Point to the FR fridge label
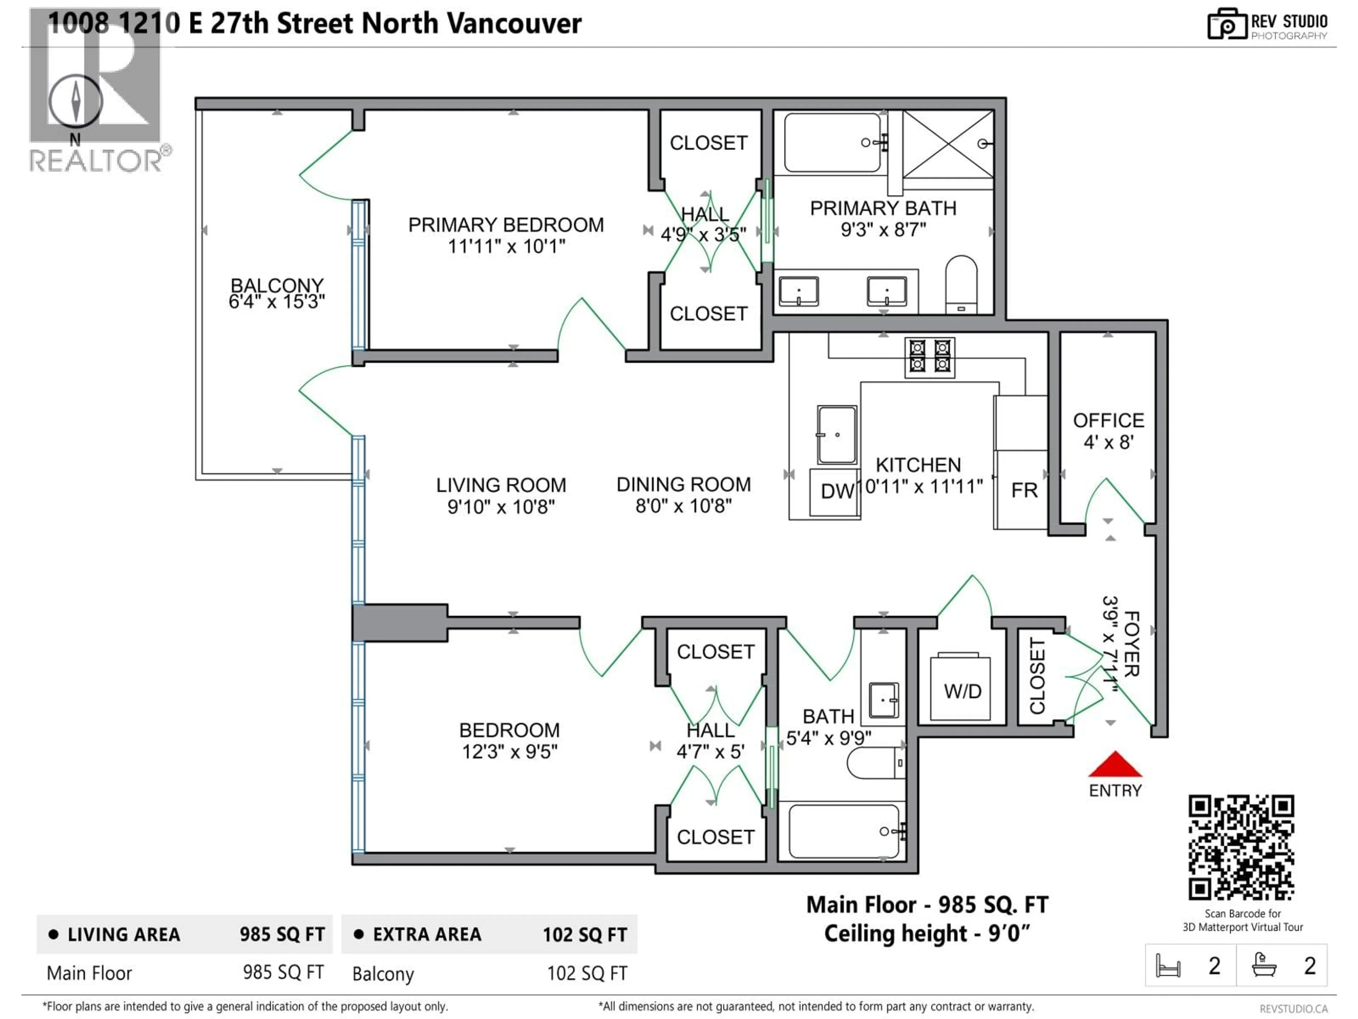pyautogui.click(x=1024, y=490)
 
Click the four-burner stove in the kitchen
pyautogui.click(x=929, y=357)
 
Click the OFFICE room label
pyautogui.click(x=1108, y=421)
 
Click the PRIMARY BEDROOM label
pyautogui.click(x=506, y=225)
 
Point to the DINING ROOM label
pyautogui.click(x=683, y=485)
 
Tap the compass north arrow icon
pyautogui.click(x=76, y=100)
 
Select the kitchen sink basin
pyautogui.click(x=837, y=434)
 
